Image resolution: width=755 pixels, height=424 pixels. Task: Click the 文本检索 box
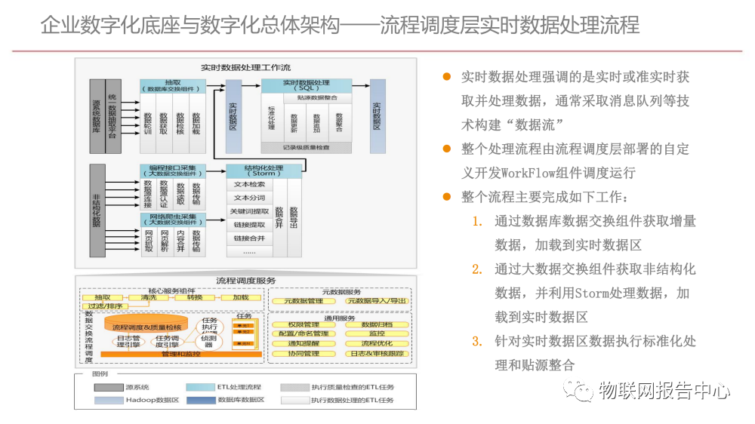248,185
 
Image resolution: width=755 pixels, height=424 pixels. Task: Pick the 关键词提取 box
248,212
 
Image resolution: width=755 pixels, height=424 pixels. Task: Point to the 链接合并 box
248,238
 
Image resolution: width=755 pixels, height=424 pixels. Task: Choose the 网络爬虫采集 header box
173,220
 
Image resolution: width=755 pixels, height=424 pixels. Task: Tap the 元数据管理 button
303,301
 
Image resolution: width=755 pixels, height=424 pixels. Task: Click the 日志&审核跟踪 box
377,353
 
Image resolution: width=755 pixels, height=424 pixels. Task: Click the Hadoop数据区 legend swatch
109,400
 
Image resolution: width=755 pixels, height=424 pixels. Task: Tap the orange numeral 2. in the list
476,269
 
